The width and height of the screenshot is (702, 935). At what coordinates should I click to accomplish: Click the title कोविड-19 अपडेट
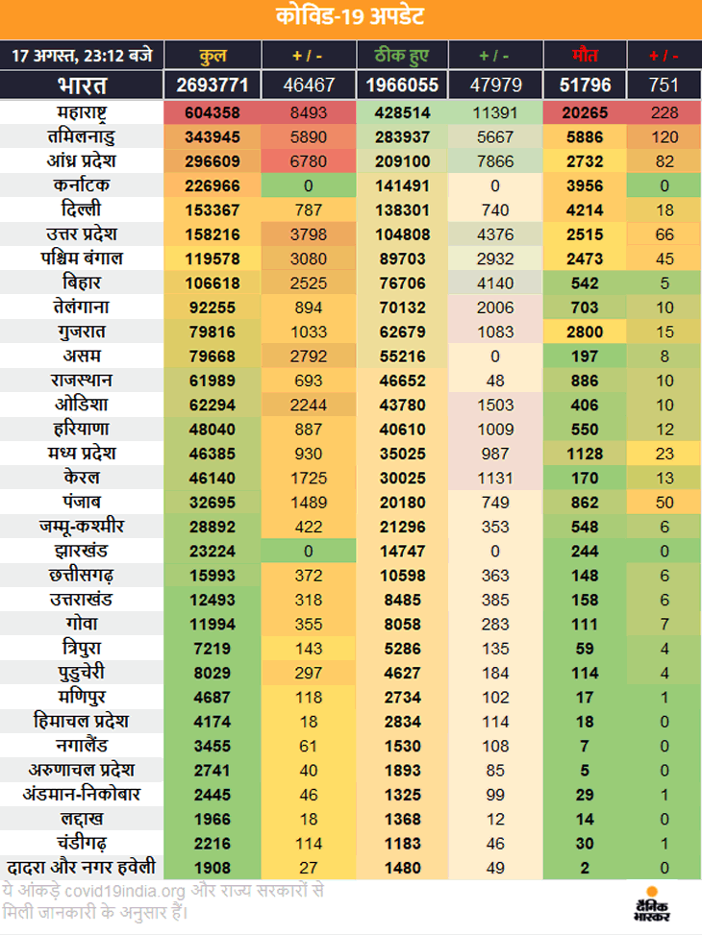coord(350,18)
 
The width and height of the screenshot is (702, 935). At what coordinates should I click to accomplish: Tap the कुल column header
coord(213,55)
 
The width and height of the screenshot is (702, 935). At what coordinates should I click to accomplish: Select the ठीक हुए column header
coord(402,55)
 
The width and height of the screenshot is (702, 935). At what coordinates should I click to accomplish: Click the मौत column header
coord(584,55)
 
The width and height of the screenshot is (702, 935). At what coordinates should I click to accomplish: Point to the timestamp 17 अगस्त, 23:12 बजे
coord(82,55)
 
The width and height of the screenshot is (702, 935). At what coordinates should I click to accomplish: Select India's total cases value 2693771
coord(213,85)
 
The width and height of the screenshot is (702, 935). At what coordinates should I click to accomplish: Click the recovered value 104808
coord(402,234)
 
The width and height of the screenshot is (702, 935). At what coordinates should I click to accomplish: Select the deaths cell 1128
coord(584,453)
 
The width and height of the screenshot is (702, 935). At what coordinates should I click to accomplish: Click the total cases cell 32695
coord(213,501)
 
